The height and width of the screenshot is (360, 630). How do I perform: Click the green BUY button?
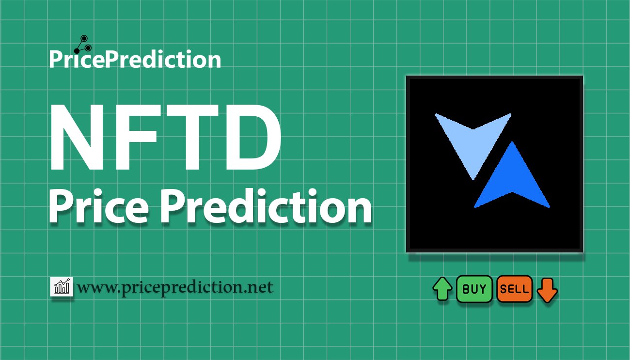474,289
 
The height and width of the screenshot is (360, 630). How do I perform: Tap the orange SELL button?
514,289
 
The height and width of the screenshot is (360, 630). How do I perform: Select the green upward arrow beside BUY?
442,289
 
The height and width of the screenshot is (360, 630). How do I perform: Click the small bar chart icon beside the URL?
62,286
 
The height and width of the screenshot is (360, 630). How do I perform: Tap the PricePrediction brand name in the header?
135,59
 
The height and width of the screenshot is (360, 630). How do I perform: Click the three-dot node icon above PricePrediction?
83,44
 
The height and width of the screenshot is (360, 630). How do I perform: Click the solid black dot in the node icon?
77,50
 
